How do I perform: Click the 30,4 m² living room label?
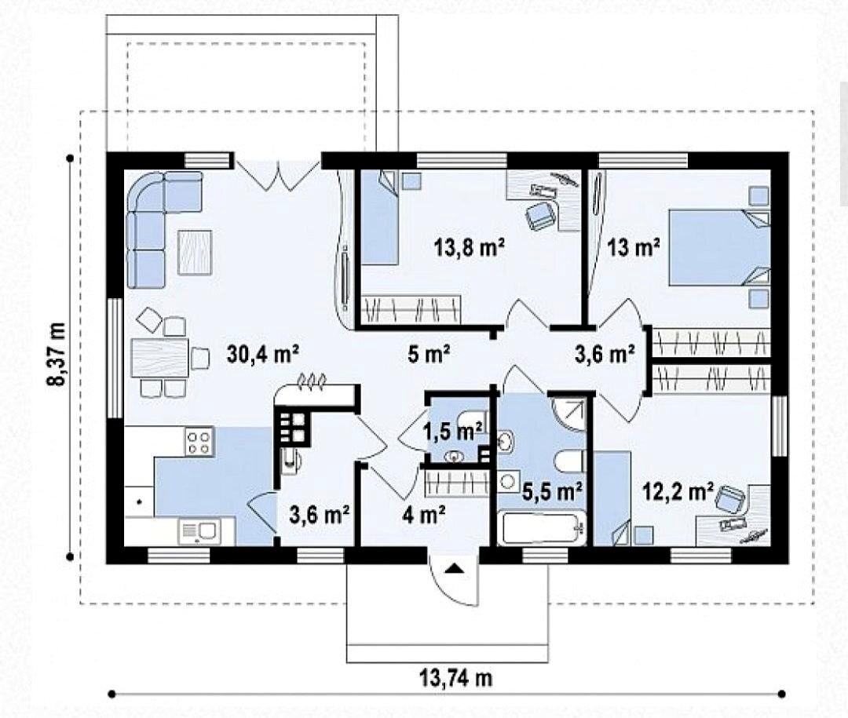(263, 355)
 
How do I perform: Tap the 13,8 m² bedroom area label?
(469, 248)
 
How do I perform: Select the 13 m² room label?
(634, 248)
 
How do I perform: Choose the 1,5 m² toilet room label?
(453, 432)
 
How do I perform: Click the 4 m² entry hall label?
(424, 515)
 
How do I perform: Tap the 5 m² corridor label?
(429, 355)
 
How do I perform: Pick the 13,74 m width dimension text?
(456, 677)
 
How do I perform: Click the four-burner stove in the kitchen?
(199, 442)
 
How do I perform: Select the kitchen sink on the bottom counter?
(199, 531)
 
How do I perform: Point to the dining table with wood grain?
(159, 357)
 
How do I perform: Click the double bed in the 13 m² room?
(720, 247)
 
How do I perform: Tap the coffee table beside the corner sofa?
(195, 252)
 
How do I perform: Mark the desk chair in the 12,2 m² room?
(729, 499)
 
